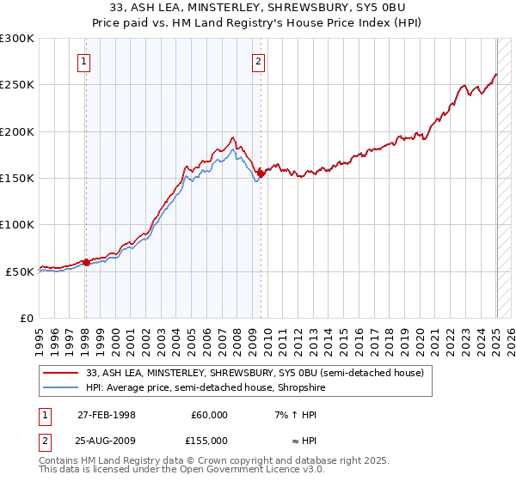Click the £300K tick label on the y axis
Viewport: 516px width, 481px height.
(x=16, y=39)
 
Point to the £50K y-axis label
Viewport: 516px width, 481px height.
(x=19, y=271)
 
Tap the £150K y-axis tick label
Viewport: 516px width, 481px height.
(x=16, y=179)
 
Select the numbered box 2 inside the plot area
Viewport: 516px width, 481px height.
(x=259, y=61)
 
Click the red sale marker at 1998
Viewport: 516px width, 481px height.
(x=86, y=262)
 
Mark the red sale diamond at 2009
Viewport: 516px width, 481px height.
(x=261, y=174)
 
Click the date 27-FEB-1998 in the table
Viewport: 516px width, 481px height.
(x=107, y=414)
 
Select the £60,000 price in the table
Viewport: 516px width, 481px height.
(x=209, y=414)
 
